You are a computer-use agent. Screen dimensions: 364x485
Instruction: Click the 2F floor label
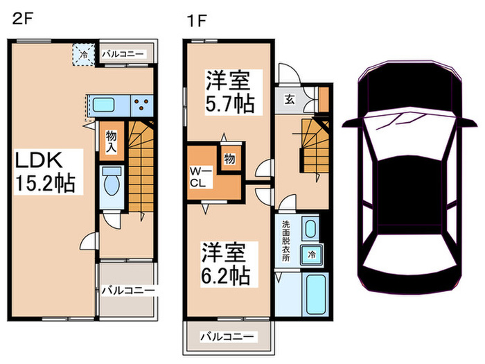click(21, 20)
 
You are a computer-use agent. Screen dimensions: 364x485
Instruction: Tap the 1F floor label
click(196, 20)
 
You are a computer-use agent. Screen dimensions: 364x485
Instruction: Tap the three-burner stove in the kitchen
click(142, 105)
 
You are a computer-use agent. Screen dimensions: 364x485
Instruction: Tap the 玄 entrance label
click(287, 98)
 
